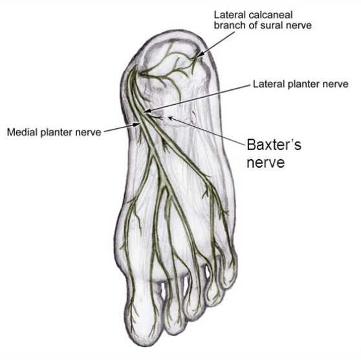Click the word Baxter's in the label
coord(274,145)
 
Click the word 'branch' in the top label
coord(230,25)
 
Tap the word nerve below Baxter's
coord(266,163)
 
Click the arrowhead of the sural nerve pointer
coord(201,54)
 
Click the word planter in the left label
coord(55,133)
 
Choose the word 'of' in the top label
coord(253,25)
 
